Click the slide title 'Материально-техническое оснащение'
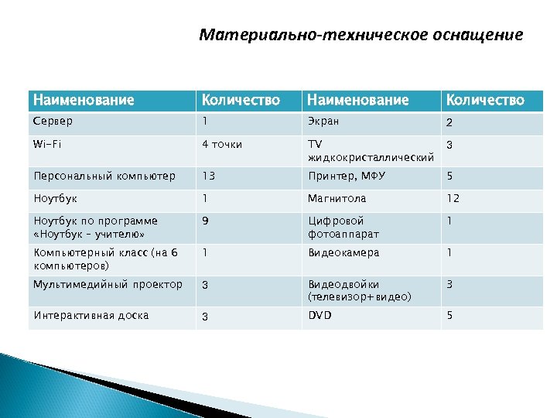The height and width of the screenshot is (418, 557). point(361,35)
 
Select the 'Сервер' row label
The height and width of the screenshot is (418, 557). point(53,121)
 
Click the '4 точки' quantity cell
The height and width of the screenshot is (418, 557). point(222,144)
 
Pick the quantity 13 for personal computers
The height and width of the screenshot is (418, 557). point(209,176)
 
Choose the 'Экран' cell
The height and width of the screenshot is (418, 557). point(323,122)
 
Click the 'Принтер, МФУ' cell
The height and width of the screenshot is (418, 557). point(346,176)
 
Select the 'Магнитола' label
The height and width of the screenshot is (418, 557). point(337,198)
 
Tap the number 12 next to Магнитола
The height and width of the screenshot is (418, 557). point(453,198)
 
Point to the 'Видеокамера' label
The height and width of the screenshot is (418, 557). point(343,252)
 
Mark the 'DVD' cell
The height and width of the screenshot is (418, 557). point(320,315)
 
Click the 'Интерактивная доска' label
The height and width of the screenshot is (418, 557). point(91,315)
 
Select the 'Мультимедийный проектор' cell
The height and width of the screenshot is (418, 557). point(108,284)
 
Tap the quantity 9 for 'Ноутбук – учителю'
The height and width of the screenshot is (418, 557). point(205,221)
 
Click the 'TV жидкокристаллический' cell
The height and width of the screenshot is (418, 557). point(370,151)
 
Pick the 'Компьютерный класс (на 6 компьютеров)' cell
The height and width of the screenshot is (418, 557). point(105,259)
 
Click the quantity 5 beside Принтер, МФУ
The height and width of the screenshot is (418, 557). point(449,176)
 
